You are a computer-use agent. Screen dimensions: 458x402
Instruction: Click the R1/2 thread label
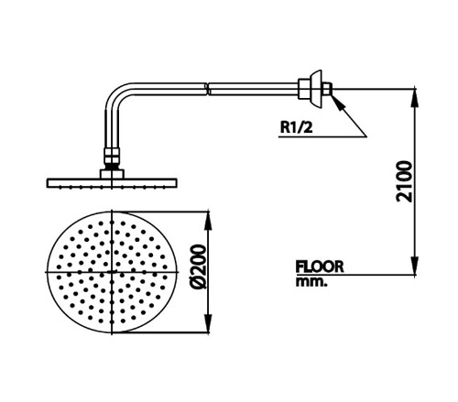click(297, 127)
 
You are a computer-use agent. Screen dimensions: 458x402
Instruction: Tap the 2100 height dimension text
click(404, 181)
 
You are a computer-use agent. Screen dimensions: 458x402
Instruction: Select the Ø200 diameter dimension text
click(198, 266)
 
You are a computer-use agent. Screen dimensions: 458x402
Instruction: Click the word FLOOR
click(320, 266)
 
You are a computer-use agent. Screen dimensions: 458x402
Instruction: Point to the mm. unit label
click(311, 282)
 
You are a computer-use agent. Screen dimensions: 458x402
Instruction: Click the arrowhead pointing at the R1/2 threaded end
click(337, 102)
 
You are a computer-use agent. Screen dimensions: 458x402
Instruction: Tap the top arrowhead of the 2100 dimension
click(414, 97)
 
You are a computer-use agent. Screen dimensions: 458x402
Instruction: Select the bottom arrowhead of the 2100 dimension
click(414, 266)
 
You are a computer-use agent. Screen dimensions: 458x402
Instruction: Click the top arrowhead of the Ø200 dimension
click(209, 221)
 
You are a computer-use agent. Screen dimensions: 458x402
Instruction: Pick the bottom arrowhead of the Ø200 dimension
click(209, 323)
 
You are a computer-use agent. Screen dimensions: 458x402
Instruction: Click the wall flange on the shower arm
click(316, 89)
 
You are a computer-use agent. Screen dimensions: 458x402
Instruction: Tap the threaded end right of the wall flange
click(327, 89)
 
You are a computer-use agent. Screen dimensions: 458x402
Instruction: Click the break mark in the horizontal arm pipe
click(208, 89)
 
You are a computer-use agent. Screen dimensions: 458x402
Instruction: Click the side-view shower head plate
click(112, 183)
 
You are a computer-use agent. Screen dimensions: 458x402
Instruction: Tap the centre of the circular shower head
click(112, 272)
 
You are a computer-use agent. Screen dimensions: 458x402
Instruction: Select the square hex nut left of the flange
click(304, 89)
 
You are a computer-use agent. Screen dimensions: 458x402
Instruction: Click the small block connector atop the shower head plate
click(112, 174)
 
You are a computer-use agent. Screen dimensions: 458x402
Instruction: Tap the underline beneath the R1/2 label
click(322, 137)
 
